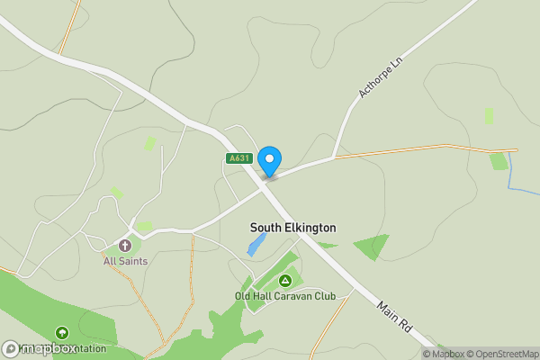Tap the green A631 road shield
pyautogui.click(x=238, y=158)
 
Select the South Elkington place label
pyautogui.click(x=292, y=228)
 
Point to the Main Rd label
pyautogui.click(x=394, y=317)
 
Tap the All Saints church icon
pyautogui.click(x=125, y=245)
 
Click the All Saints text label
pyautogui.click(x=125, y=261)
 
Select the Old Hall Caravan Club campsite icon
pyautogui.click(x=285, y=281)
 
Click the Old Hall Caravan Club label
pyautogui.click(x=284, y=296)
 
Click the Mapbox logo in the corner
pyautogui.click(x=40, y=348)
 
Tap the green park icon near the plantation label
pyautogui.click(x=61, y=333)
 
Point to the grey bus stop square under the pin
pyautogui.click(x=269, y=177)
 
